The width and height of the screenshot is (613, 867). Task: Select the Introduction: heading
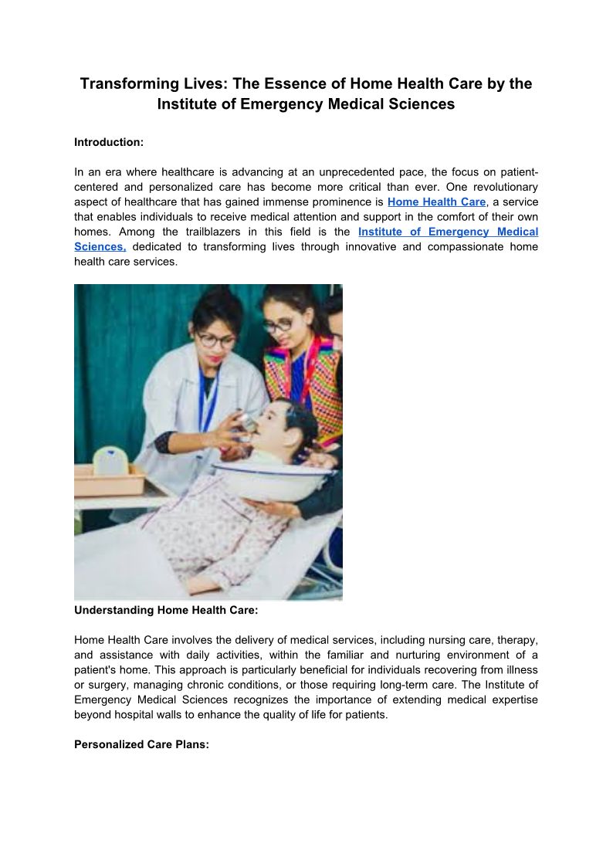[x=109, y=143]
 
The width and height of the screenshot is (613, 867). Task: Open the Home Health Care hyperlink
[x=436, y=202]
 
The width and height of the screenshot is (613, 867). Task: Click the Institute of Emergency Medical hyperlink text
[x=448, y=232]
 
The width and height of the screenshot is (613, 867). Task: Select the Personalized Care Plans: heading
[x=141, y=745]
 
